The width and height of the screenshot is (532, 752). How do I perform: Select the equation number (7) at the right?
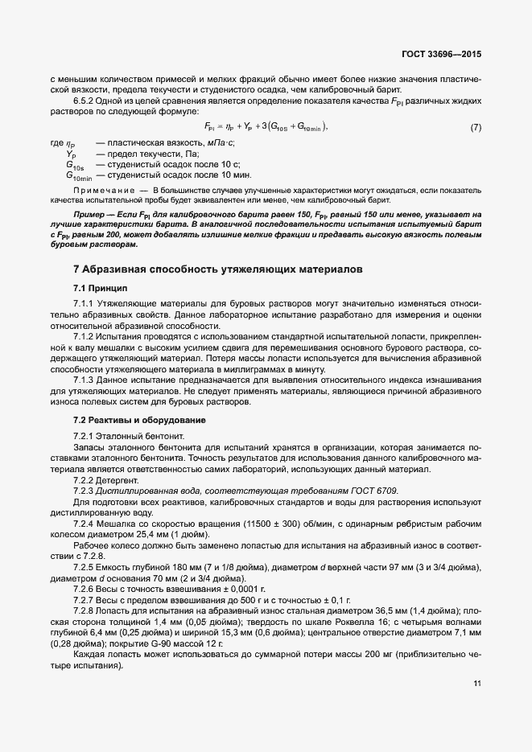(x=476, y=127)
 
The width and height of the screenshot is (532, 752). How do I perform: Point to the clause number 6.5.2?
(x=86, y=101)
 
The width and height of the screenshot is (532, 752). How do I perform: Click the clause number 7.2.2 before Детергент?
(x=86, y=479)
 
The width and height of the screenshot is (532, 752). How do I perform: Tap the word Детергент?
(x=120, y=479)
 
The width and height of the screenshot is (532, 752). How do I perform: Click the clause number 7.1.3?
(x=86, y=380)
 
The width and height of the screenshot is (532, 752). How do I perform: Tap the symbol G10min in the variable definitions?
(x=79, y=175)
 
